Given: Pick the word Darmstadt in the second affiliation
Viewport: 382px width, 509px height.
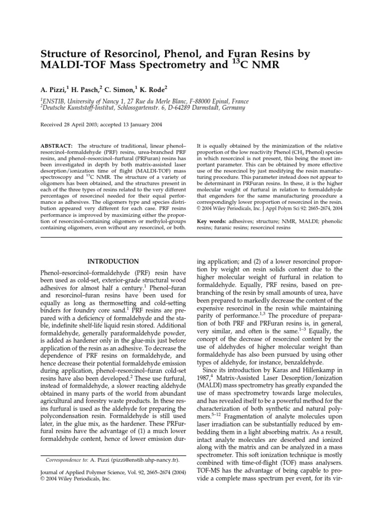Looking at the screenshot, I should point(198,109).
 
